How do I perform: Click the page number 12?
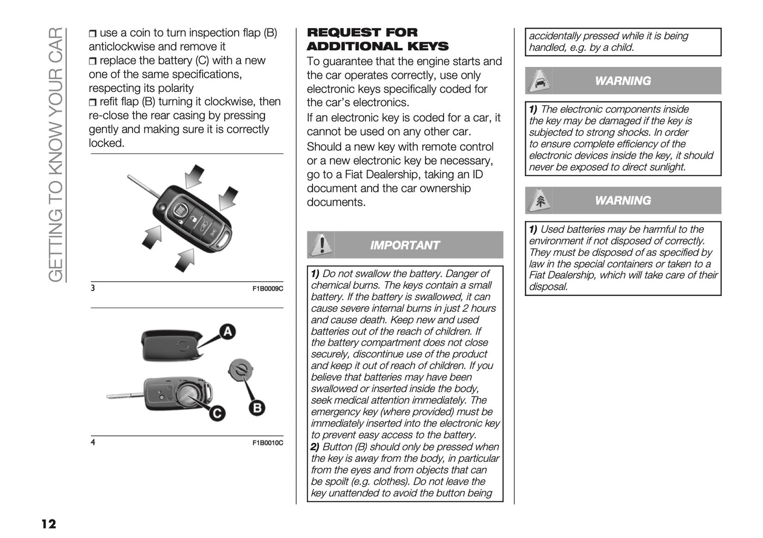point(48,524)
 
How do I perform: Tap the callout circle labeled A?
point(227,332)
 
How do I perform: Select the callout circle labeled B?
point(257,407)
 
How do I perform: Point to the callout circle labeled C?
point(216,413)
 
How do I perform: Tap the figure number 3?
point(93,289)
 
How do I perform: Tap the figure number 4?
point(93,442)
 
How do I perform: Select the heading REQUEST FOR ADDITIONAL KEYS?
point(378,40)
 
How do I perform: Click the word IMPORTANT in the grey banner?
point(404,245)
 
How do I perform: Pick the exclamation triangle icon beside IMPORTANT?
point(320,245)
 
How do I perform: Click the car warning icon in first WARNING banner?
point(539,81)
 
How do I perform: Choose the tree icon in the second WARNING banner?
point(539,201)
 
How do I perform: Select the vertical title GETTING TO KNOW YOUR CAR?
point(55,153)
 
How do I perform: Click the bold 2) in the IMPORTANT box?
point(315,447)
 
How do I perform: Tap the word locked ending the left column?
point(106,143)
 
